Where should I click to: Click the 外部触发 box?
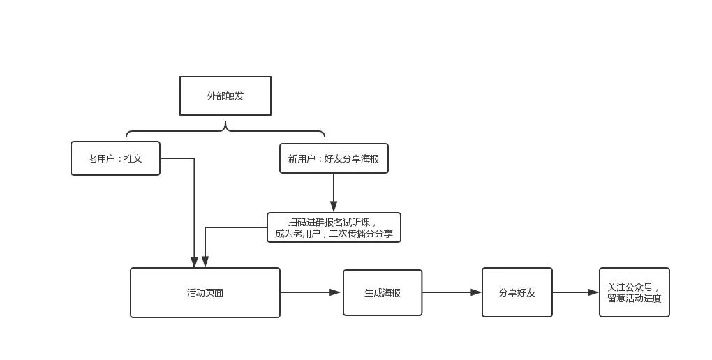[x=225, y=96]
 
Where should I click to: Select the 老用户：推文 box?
[x=115, y=158]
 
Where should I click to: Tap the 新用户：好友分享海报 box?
[x=334, y=158]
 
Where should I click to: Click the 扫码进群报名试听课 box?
[x=334, y=227]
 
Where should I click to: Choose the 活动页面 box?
[x=205, y=292]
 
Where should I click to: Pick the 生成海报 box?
[x=383, y=292]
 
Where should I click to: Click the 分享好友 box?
[x=517, y=292]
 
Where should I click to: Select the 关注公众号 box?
[x=634, y=292]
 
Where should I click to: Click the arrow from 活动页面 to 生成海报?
[x=310, y=292]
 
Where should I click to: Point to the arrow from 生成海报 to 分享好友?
[x=452, y=292]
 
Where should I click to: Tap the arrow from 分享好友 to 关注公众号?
[x=575, y=292]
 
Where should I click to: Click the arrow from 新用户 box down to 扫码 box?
[x=334, y=192]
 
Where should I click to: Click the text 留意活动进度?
[x=634, y=299]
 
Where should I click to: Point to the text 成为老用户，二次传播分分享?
[x=334, y=234]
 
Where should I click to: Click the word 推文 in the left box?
[x=133, y=158]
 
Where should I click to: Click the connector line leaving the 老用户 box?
[x=194, y=209]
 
